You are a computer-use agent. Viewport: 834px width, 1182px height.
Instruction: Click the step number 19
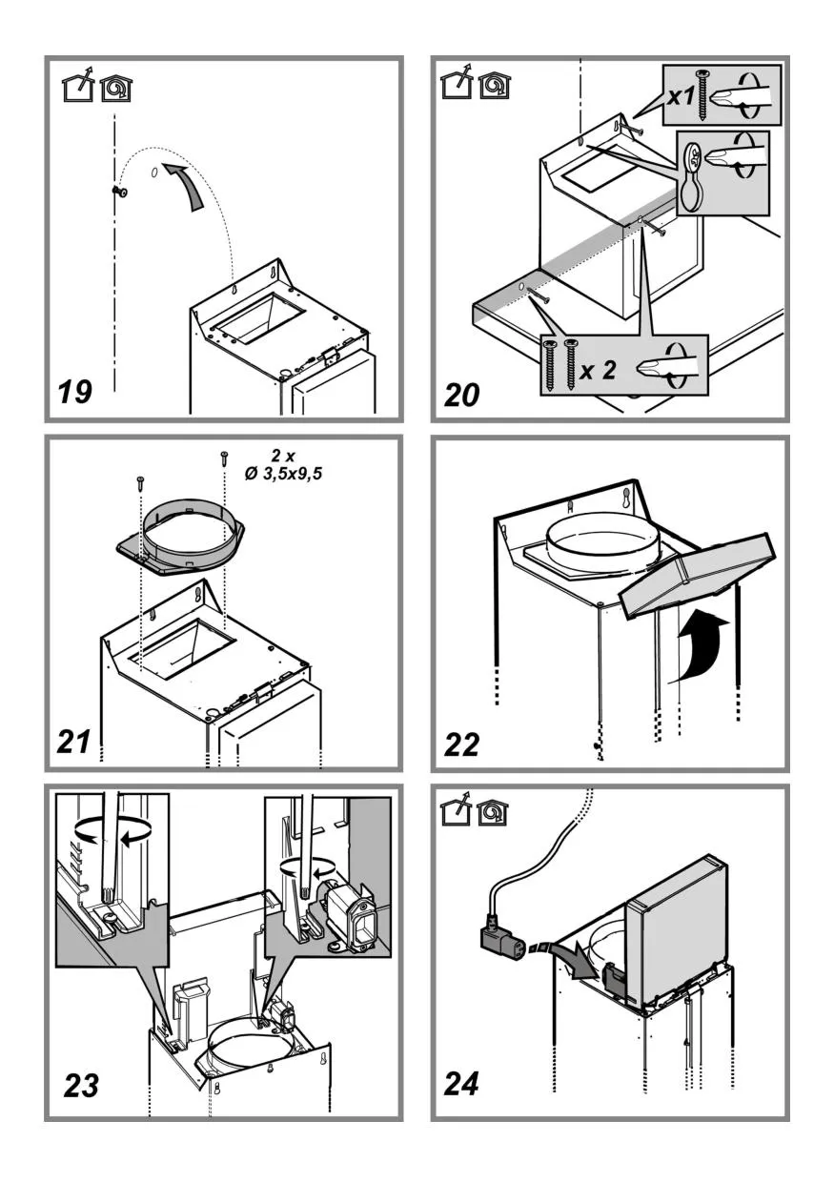(75, 390)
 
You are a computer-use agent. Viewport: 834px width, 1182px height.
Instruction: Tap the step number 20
(463, 393)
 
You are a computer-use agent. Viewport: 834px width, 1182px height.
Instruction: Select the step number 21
(75, 741)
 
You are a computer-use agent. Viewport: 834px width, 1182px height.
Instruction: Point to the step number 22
(462, 744)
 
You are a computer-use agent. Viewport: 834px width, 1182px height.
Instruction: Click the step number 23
(82, 1085)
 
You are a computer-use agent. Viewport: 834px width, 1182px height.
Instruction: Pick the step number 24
(462, 1084)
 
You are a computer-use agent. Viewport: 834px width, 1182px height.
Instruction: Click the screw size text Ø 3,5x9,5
(283, 468)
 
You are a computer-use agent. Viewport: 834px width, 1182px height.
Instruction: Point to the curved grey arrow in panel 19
(187, 185)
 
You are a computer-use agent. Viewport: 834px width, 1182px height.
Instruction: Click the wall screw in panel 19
(120, 191)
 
